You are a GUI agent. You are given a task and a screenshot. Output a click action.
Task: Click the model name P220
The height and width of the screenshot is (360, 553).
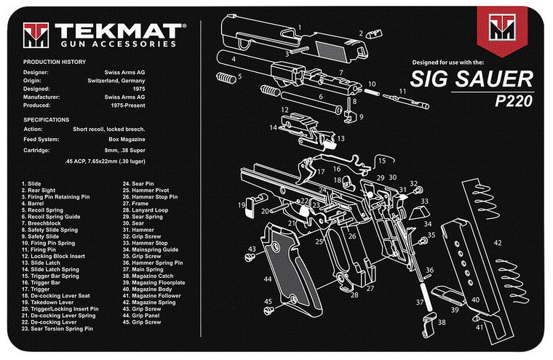pyautogui.click(x=514, y=101)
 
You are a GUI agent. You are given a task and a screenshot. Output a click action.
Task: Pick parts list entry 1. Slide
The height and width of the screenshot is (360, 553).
pyautogui.click(x=33, y=185)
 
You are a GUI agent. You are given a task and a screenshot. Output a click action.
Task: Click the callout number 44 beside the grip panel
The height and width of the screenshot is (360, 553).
pyautogui.click(x=268, y=279)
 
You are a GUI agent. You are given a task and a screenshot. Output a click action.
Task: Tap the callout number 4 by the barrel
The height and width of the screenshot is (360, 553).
pyautogui.click(x=234, y=58)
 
